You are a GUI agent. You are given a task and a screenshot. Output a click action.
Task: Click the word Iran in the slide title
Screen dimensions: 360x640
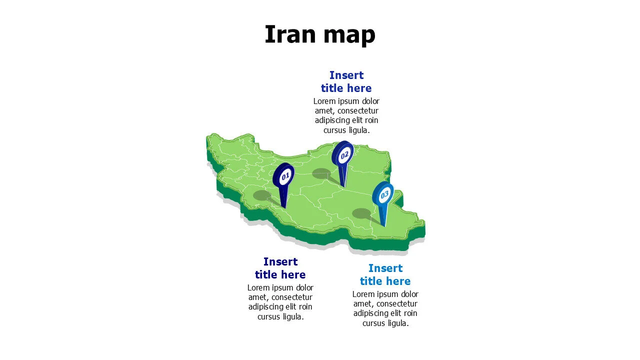(x=290, y=34)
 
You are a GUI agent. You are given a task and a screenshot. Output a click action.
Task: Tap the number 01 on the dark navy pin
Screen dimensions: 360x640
(x=285, y=176)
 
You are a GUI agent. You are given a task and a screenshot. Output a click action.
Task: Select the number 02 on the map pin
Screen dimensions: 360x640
(x=344, y=155)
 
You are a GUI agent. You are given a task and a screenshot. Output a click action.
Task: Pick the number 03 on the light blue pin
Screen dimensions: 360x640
(x=384, y=195)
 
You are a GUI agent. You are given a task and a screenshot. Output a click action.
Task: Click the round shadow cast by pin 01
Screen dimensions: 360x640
(x=262, y=195)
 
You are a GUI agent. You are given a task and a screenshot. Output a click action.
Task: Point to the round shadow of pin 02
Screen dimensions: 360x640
(x=321, y=173)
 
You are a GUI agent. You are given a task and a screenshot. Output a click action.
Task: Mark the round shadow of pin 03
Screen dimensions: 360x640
(x=361, y=213)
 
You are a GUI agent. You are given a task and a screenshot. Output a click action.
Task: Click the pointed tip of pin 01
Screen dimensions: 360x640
(x=284, y=207)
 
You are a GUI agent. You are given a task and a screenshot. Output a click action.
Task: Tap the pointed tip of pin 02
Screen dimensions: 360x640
(x=344, y=186)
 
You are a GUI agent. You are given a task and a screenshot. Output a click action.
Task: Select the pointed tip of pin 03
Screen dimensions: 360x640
(x=384, y=226)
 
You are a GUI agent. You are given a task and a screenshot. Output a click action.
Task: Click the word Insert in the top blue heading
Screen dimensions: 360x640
(x=346, y=75)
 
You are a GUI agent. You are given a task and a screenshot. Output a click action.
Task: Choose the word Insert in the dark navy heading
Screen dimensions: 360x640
(x=280, y=262)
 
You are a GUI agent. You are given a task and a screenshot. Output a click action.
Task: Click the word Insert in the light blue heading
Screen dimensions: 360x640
(x=385, y=268)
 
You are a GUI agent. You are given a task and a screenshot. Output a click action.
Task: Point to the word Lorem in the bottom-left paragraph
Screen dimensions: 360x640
(x=258, y=287)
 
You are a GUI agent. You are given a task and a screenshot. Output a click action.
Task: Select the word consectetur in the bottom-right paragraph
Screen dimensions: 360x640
(x=396, y=304)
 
